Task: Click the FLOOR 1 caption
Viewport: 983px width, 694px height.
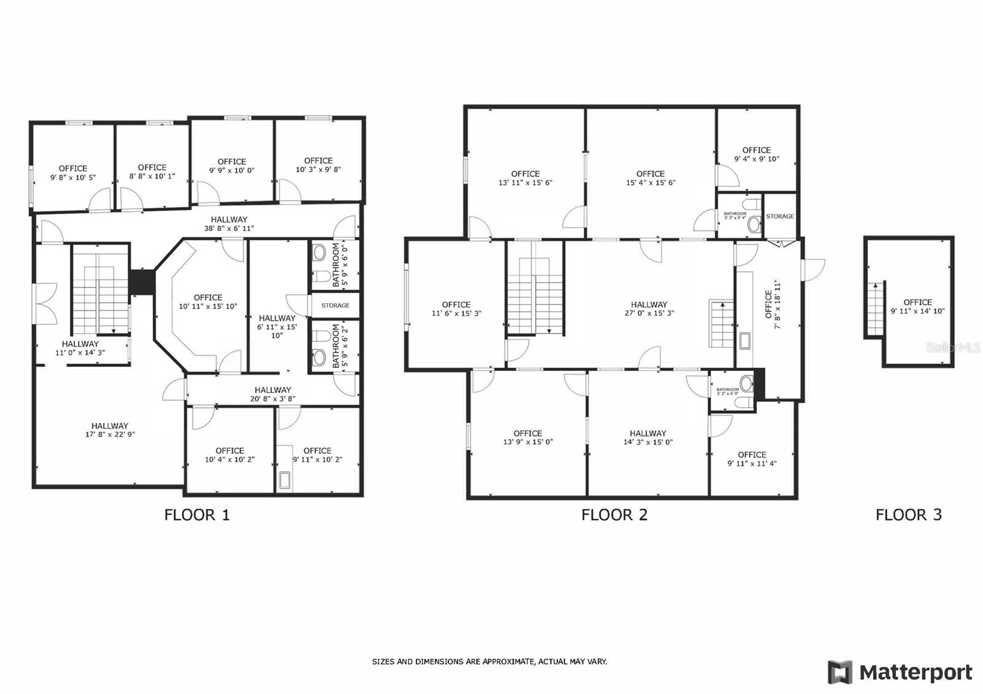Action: click(x=197, y=515)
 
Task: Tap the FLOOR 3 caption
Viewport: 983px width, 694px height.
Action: click(x=908, y=515)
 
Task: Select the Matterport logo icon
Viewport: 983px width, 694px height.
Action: click(x=840, y=672)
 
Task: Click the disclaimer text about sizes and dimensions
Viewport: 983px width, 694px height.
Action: click(x=489, y=661)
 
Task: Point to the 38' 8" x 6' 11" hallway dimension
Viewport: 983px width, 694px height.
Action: click(x=229, y=228)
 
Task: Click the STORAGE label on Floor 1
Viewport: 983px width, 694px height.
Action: click(x=335, y=305)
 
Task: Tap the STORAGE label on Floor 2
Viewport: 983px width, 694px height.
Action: click(x=780, y=216)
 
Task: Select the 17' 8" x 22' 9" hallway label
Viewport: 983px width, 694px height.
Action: click(x=110, y=430)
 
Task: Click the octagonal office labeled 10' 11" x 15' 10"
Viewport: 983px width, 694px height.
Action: click(x=208, y=302)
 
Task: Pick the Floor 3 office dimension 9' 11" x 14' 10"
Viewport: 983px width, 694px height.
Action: click(x=917, y=311)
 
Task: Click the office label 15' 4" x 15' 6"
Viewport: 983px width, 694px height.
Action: click(x=651, y=178)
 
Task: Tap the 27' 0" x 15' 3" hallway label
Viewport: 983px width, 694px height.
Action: click(x=649, y=308)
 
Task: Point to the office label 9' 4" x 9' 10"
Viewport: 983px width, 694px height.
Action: click(x=756, y=154)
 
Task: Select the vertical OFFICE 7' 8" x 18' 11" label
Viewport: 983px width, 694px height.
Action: click(x=772, y=305)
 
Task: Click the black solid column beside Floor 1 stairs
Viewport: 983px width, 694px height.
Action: click(x=142, y=281)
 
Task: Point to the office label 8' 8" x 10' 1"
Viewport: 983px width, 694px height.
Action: click(x=152, y=171)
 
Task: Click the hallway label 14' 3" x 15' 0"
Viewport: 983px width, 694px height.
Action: click(x=648, y=437)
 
